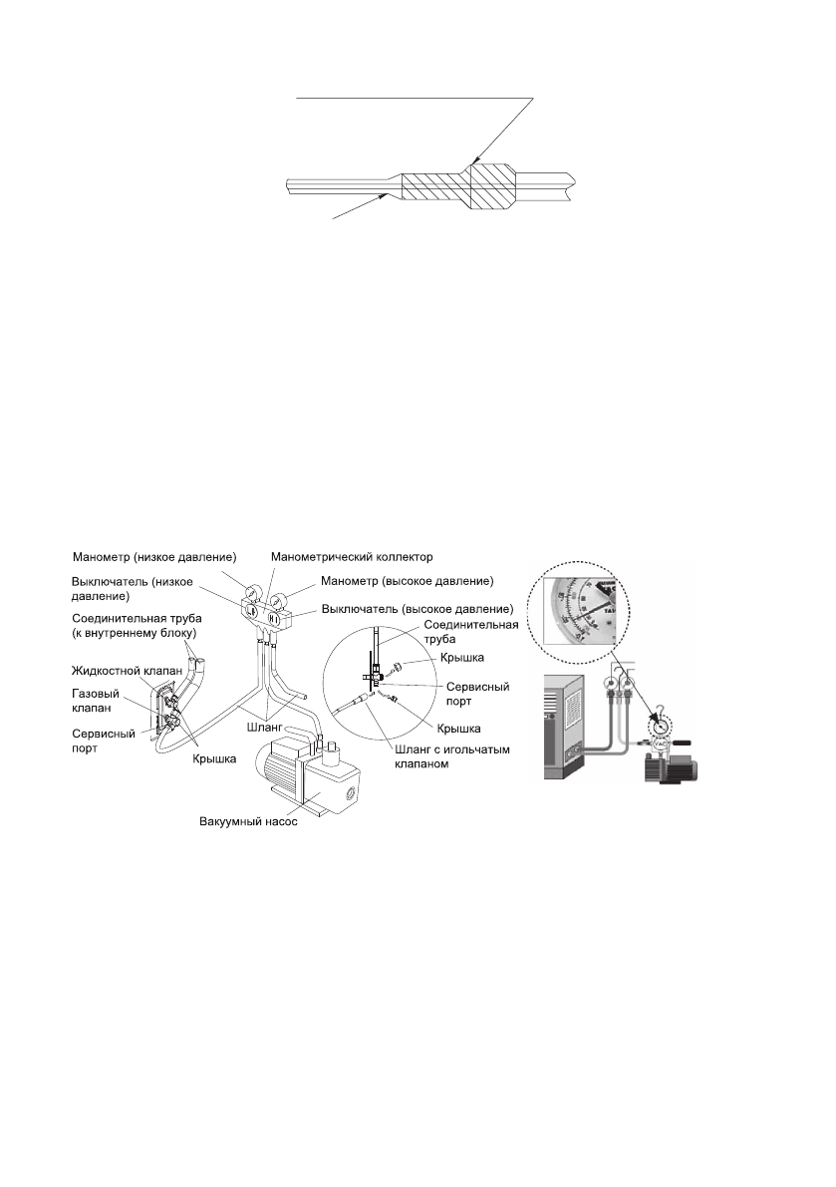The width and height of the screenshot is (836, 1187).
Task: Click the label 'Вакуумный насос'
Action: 246,822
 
